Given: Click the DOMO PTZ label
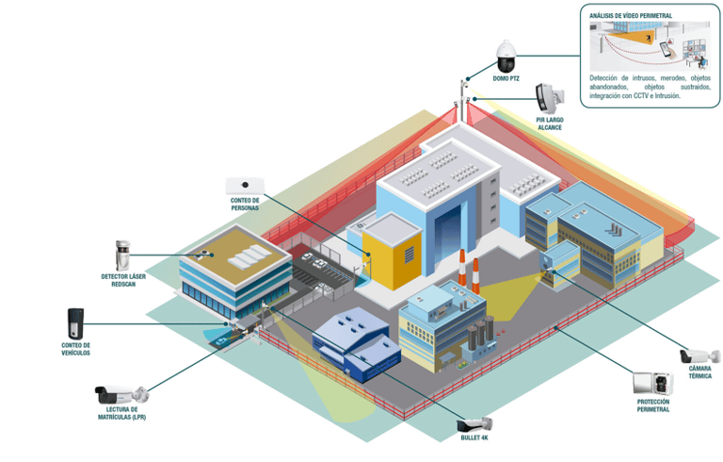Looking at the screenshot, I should pos(506,78).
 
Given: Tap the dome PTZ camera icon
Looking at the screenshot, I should pos(506,58).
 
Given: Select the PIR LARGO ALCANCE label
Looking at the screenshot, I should pos(549,124).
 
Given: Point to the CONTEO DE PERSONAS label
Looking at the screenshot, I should pos(245,204).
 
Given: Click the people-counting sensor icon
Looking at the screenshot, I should pos(245,185).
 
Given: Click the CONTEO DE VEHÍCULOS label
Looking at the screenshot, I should pos(75,349).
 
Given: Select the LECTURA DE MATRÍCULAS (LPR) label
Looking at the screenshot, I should pos(122,413).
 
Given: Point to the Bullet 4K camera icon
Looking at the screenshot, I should pos(474,424).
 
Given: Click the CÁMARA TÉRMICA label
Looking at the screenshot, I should pos(699,372).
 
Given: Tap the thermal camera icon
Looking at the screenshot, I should pos(699,355).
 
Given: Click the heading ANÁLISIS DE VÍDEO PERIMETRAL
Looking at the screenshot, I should pos(632,16).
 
